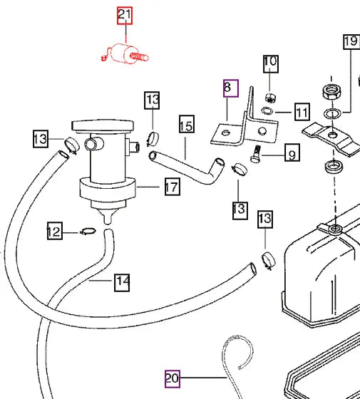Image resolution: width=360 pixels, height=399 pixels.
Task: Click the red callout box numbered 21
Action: (125, 16)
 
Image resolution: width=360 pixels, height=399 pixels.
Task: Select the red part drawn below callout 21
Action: (125, 53)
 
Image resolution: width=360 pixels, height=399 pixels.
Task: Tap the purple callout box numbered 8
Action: (231, 88)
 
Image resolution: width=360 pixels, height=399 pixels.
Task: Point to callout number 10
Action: (271, 64)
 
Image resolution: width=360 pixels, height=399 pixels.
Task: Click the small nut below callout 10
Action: (271, 98)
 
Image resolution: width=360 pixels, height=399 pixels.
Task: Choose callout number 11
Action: (302, 112)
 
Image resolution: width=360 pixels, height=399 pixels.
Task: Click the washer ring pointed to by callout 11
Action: (267, 110)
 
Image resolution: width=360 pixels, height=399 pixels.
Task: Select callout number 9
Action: (292, 152)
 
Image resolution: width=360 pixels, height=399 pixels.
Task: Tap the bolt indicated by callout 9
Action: (256, 154)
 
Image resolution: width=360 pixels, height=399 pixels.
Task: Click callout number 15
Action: (187, 124)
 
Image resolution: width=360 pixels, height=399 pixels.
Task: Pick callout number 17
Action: (173, 187)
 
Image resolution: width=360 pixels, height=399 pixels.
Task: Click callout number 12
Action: (55, 231)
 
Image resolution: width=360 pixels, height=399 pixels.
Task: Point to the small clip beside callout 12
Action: (88, 231)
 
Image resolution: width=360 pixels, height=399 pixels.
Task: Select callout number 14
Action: (122, 282)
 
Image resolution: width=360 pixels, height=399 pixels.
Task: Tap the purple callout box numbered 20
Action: (173, 379)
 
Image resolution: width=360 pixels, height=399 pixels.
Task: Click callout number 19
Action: (351, 41)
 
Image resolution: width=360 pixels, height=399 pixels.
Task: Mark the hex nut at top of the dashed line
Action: (331, 92)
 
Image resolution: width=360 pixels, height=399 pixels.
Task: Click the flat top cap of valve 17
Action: (103, 125)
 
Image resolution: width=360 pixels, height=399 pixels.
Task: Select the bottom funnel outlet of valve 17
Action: (108, 216)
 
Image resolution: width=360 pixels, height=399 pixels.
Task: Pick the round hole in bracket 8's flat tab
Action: (225, 133)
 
